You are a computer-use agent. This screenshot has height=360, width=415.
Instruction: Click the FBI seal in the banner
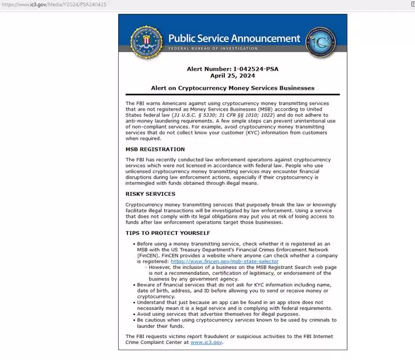tap(144, 41)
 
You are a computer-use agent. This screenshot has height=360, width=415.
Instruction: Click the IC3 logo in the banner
tap(320, 41)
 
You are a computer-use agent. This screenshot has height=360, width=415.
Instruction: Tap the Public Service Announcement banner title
tap(234, 39)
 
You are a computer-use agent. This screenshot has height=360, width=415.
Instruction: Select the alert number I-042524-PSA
tap(232, 69)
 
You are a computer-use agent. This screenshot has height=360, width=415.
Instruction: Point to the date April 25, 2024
tap(232, 75)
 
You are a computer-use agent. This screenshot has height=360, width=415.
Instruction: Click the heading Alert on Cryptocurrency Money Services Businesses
tap(232, 88)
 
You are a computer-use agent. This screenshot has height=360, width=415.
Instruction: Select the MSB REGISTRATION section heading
tap(155, 149)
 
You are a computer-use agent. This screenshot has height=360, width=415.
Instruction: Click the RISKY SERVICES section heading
tap(150, 194)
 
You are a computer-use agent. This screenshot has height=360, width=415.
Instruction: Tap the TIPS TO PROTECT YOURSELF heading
tap(167, 233)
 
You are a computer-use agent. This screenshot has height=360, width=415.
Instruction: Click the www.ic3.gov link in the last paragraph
tap(206, 342)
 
